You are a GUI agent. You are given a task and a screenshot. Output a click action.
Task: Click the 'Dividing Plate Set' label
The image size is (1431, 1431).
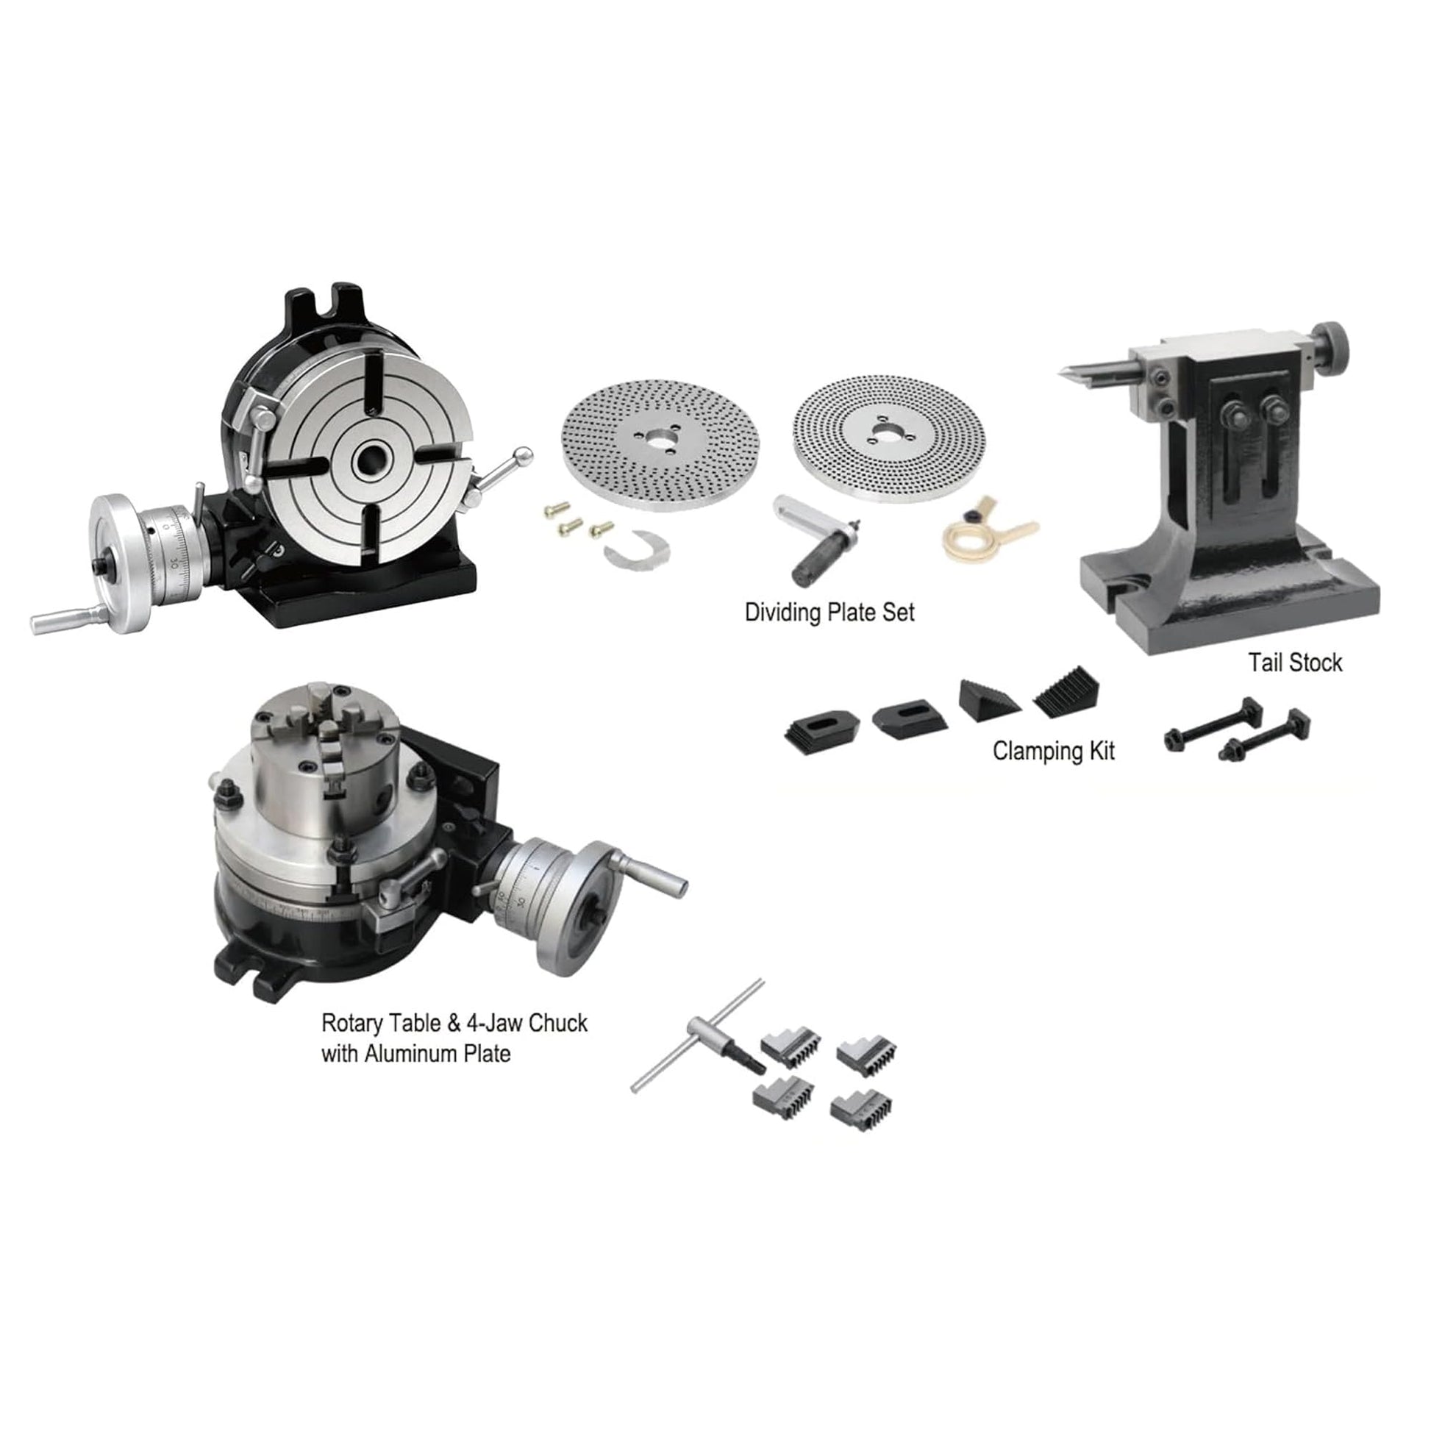(829, 613)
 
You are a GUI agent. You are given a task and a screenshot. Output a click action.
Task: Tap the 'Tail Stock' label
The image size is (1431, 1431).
(1295, 662)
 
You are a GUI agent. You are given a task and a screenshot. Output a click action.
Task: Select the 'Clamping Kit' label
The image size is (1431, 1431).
(1053, 751)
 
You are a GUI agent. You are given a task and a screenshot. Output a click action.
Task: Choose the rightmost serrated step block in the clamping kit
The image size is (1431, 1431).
(1066, 693)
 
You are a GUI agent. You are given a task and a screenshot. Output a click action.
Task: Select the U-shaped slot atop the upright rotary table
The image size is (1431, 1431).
(338, 301)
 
